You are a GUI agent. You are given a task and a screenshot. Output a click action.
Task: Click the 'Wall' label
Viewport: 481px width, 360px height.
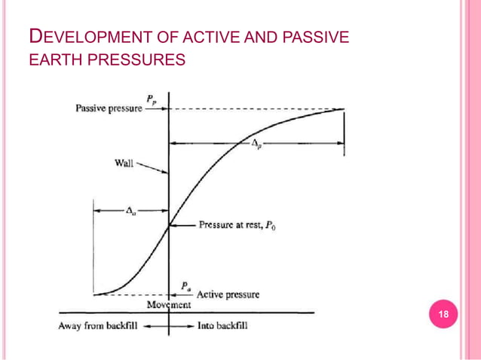(124, 163)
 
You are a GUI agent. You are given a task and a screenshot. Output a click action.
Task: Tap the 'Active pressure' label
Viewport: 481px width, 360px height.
(228, 294)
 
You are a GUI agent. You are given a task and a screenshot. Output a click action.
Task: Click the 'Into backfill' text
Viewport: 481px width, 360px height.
(222, 326)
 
